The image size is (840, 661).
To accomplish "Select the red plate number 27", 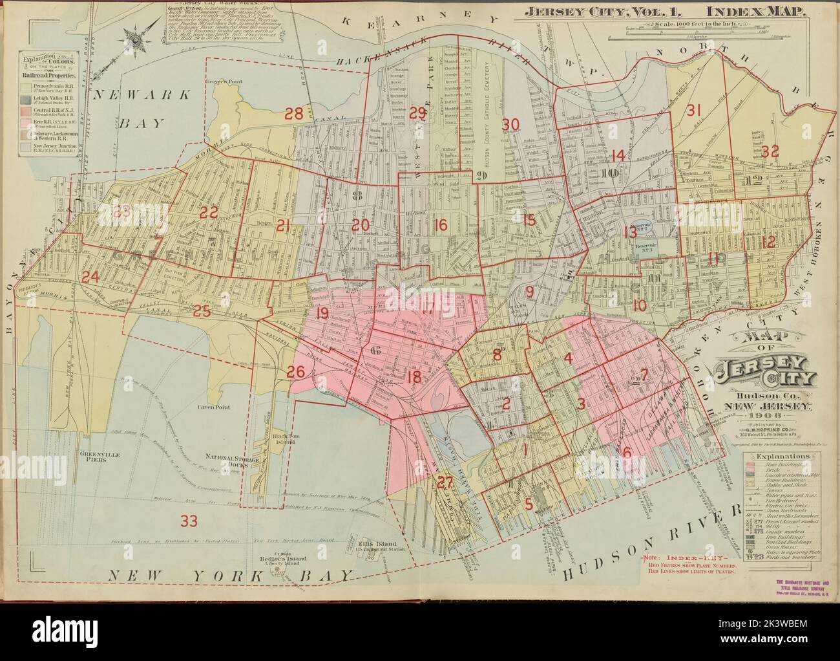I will [x=443, y=482].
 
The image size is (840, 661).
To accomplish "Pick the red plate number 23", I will [x=122, y=211].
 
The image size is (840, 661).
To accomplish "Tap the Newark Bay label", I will [x=142, y=106].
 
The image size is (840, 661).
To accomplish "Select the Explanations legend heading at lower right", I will [x=779, y=455].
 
